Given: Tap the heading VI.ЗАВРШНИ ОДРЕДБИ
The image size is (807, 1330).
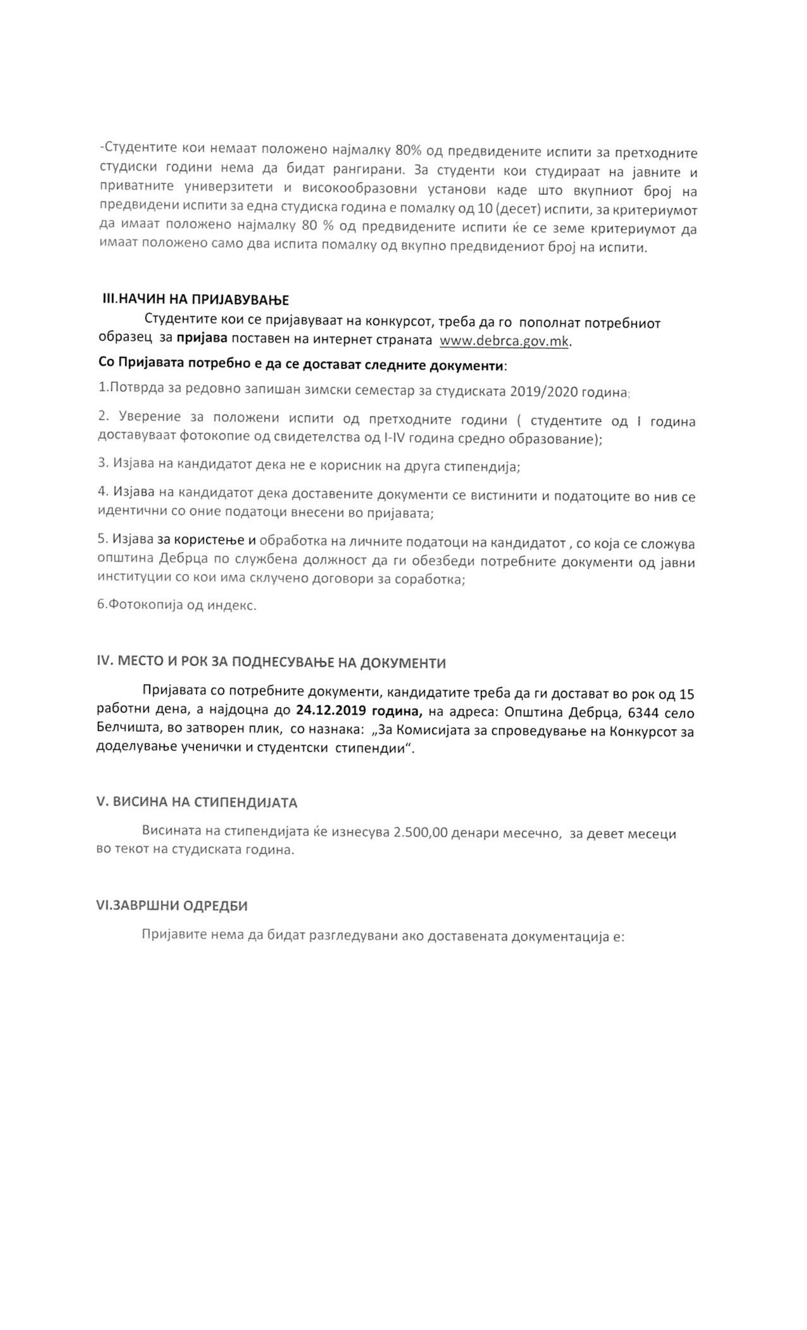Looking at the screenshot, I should pos(172,905).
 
